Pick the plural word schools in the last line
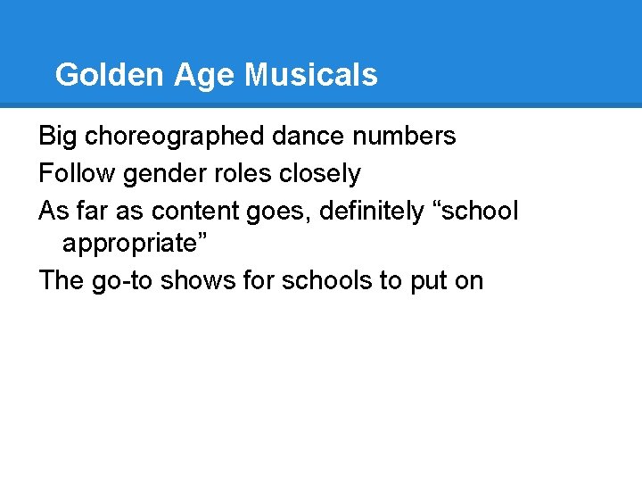pos(328,281)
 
